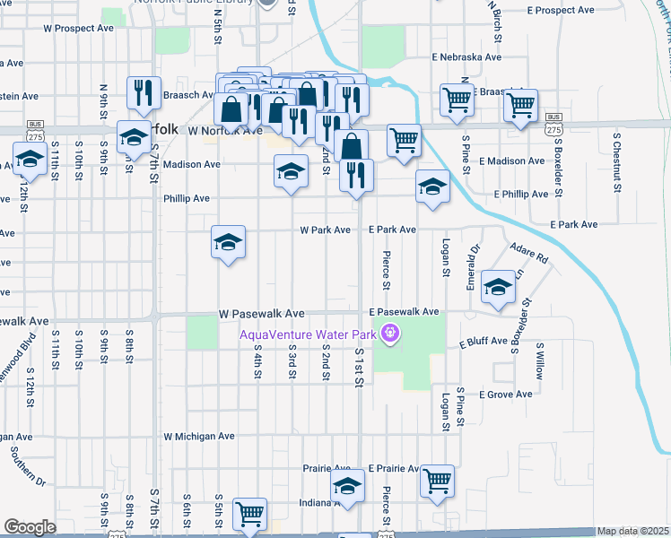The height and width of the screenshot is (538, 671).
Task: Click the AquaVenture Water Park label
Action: coord(308,335)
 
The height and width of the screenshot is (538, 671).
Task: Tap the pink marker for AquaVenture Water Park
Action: coord(389,334)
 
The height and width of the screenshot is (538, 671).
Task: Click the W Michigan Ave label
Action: coord(198,436)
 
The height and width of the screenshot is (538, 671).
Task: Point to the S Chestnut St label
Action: coord(617,154)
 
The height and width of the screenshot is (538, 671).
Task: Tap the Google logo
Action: coord(30,527)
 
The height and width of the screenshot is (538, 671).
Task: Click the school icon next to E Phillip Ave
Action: coord(432,187)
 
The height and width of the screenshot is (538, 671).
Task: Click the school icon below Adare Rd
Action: coord(497,286)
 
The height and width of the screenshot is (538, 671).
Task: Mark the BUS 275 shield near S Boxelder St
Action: coord(553,124)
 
